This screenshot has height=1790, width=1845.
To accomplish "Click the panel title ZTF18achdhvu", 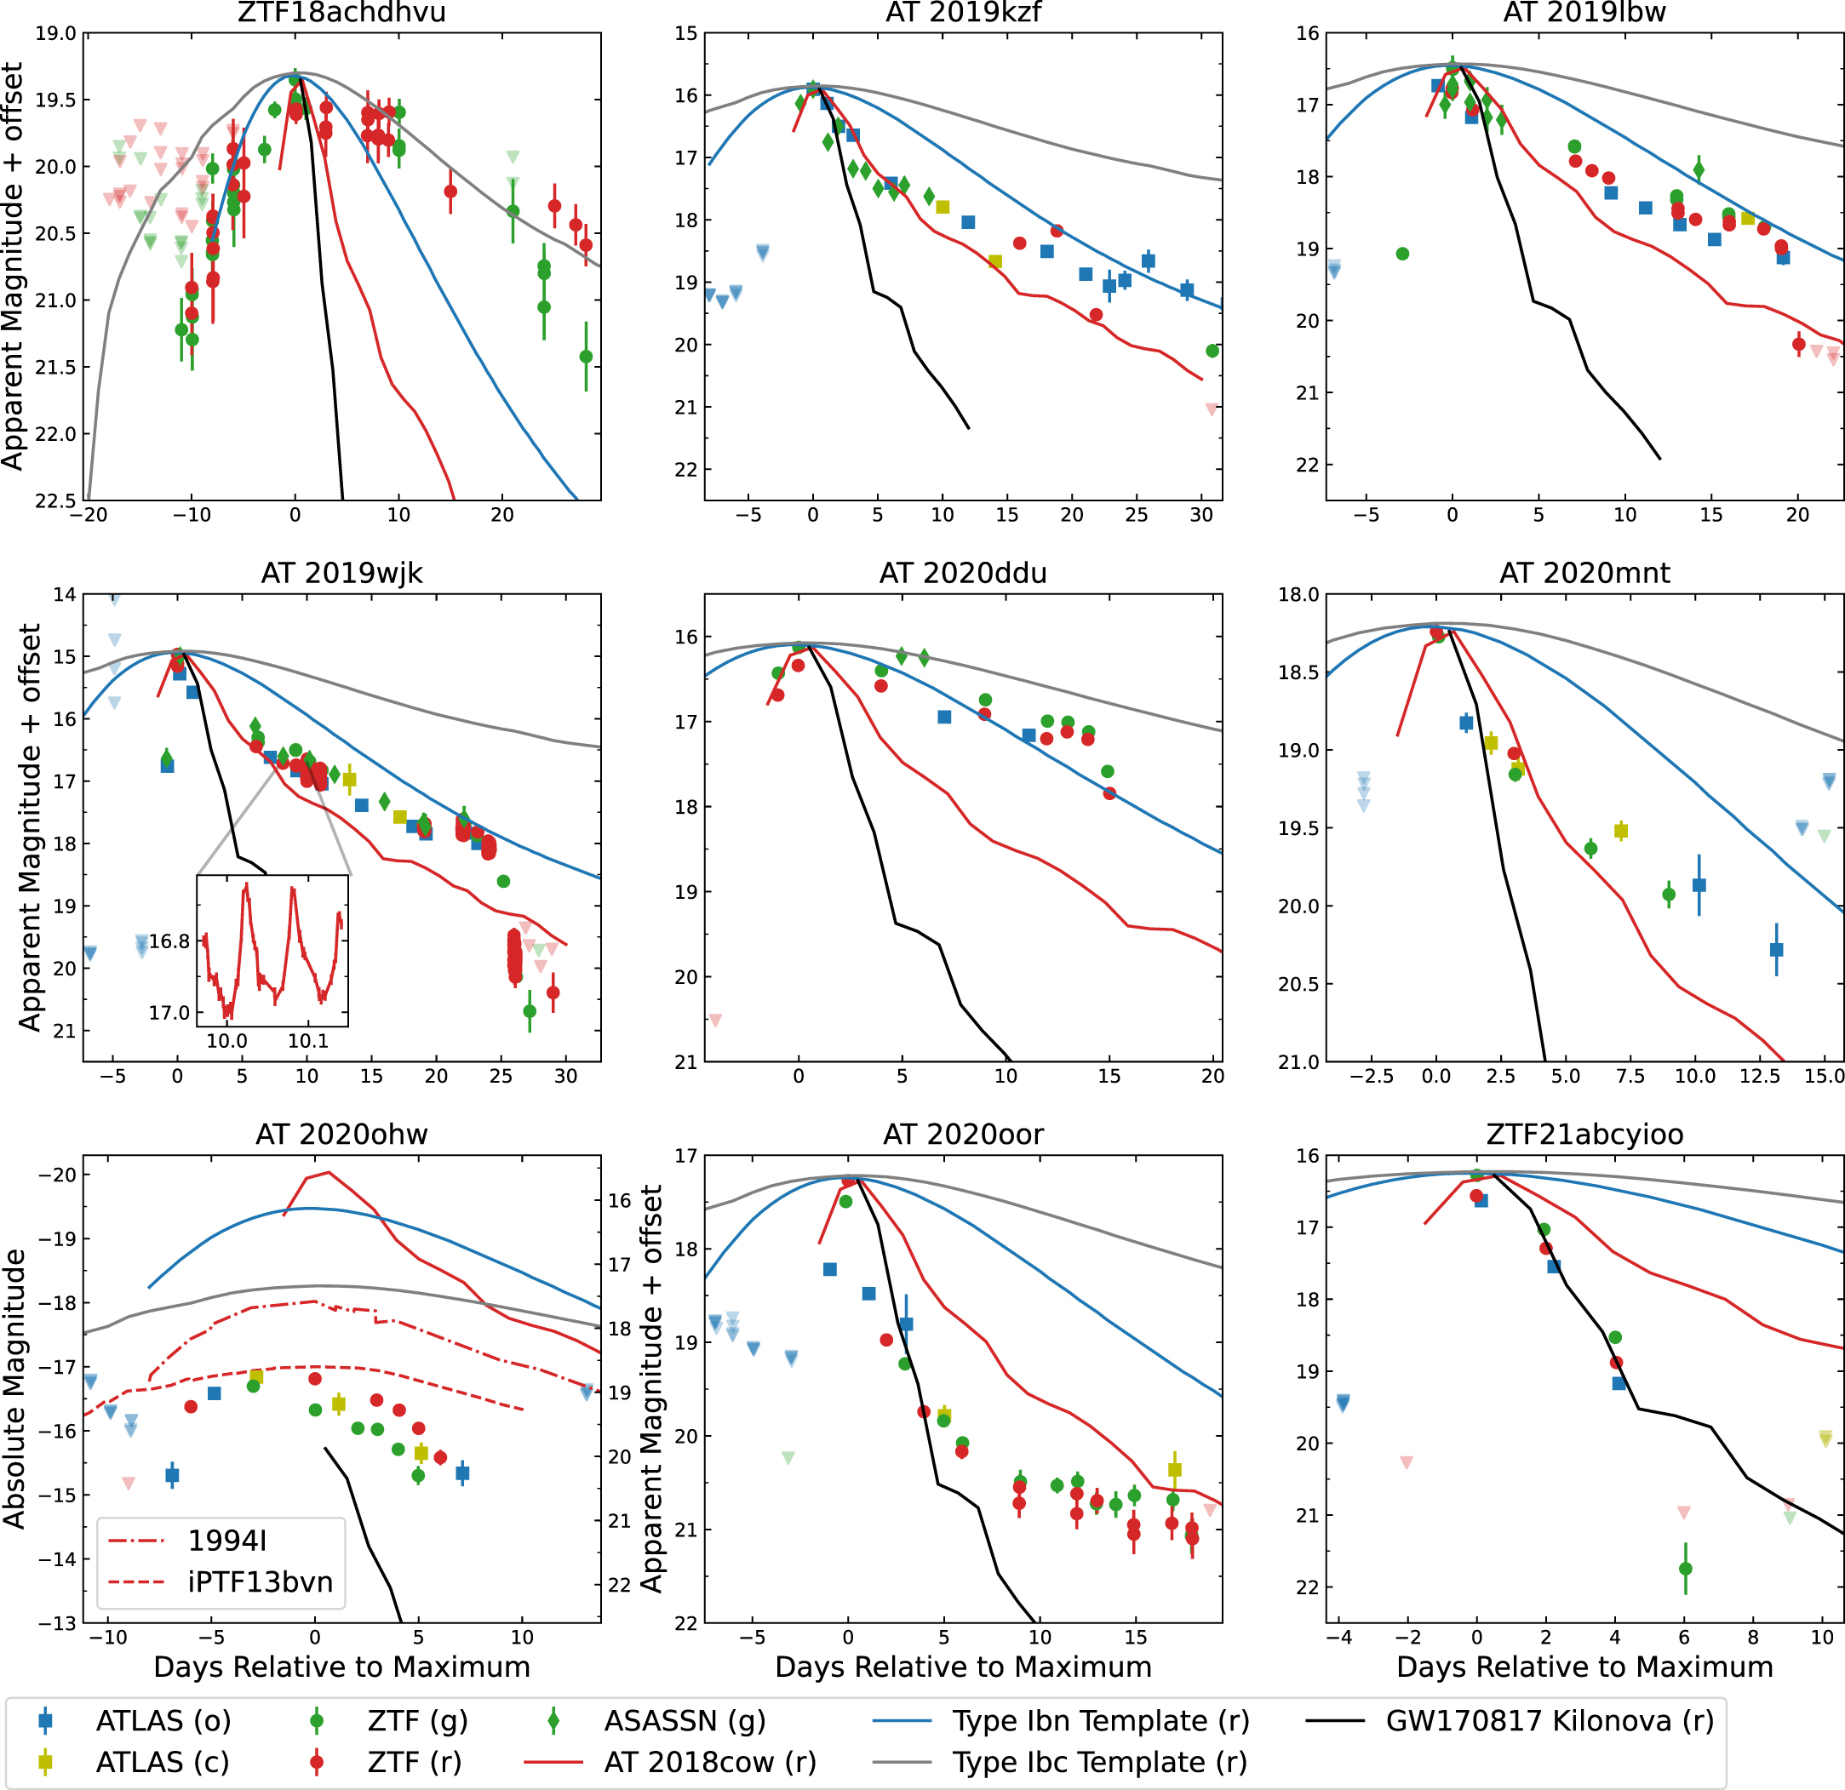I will pyautogui.click(x=341, y=13).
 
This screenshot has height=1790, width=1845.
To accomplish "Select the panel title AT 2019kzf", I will pyautogui.click(x=963, y=13).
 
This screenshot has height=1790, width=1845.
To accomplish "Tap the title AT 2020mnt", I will pyautogui.click(x=1584, y=573).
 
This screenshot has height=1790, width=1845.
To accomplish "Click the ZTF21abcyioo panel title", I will pyautogui.click(x=1584, y=1135).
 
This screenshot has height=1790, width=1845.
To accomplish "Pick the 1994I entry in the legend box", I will pyautogui.click(x=226, y=1541).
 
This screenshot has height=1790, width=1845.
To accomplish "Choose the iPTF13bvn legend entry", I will pyautogui.click(x=260, y=1582).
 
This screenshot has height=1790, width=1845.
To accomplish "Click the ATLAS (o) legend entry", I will pyautogui.click(x=163, y=1721).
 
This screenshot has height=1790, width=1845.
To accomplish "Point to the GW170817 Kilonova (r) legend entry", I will pyautogui.click(x=1550, y=1721).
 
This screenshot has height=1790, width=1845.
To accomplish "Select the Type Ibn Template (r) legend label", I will pyautogui.click(x=1100, y=1721).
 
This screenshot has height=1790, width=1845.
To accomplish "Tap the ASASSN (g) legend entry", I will pyautogui.click(x=685, y=1721).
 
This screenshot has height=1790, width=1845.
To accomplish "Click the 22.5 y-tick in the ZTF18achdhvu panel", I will pyautogui.click(x=54, y=500).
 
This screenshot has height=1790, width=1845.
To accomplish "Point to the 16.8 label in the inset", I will pyautogui.click(x=169, y=941).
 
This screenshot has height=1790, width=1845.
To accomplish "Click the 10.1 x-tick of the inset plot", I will pyautogui.click(x=308, y=1041).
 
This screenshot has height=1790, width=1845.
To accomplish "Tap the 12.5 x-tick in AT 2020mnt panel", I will pyautogui.click(x=1758, y=1076).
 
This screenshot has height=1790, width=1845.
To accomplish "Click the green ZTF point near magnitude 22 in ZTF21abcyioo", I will pyautogui.click(x=1685, y=1569).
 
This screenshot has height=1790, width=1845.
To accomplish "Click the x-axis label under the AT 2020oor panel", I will pyautogui.click(x=963, y=1667).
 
